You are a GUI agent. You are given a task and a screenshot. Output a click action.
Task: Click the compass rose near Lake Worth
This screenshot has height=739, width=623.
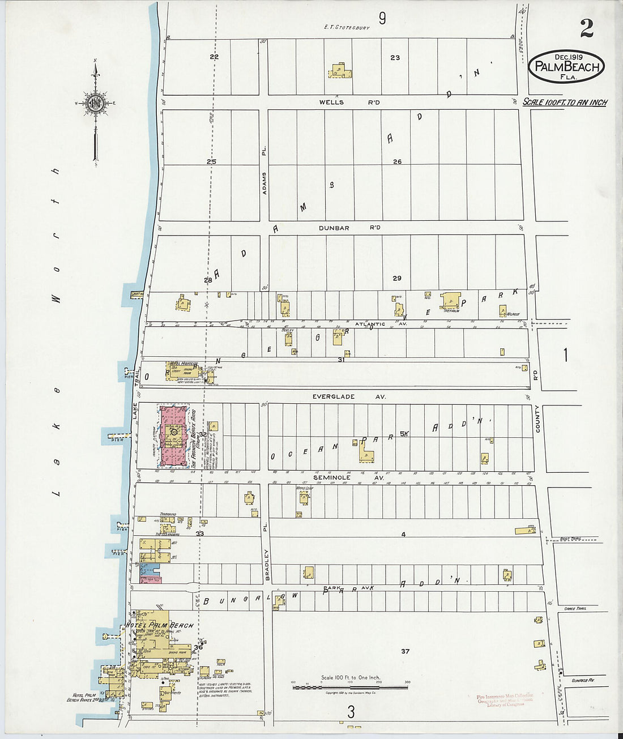click(95, 103)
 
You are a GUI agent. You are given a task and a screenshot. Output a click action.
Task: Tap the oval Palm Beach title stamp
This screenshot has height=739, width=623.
click(567, 66)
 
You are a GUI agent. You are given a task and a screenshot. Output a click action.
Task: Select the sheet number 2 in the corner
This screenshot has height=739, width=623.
click(586, 28)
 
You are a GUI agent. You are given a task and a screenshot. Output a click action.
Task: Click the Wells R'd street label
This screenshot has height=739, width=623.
click(349, 102)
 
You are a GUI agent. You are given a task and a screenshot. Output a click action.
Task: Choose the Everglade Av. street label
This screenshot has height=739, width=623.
click(349, 396)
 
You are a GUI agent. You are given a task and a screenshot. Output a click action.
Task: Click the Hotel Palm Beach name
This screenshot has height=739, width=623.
click(160, 625)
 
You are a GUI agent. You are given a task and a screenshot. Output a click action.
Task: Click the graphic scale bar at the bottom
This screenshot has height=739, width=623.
click(351, 687)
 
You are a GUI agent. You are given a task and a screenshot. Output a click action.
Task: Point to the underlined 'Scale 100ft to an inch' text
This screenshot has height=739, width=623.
click(564, 102)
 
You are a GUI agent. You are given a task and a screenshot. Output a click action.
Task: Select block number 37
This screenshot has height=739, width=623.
click(405, 651)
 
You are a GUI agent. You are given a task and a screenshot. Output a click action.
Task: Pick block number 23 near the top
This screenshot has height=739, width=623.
click(395, 57)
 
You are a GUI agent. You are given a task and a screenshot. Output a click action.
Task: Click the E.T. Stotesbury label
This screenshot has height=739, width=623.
click(347, 27)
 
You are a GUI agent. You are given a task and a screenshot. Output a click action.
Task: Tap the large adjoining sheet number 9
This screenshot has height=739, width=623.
click(382, 19)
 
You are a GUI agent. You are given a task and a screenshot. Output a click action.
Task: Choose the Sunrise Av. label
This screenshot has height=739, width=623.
click(582, 680)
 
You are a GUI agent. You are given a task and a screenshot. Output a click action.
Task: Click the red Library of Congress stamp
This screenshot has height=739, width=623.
click(505, 700)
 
